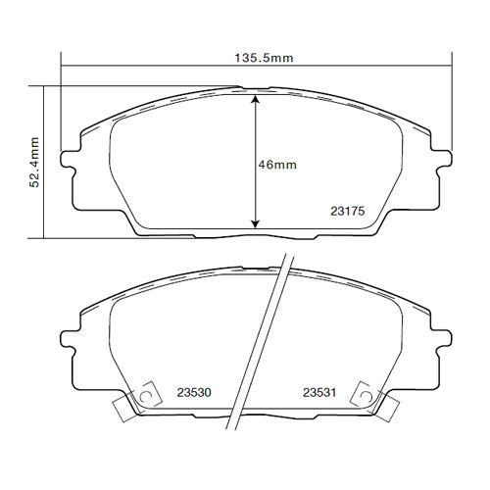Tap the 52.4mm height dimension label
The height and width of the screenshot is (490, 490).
point(34,162)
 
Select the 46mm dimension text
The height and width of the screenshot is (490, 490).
point(277,165)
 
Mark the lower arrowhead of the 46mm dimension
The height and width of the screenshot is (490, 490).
point(257,223)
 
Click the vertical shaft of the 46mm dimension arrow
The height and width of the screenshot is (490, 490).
point(257,137)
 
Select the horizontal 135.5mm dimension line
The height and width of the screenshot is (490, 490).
point(147,67)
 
